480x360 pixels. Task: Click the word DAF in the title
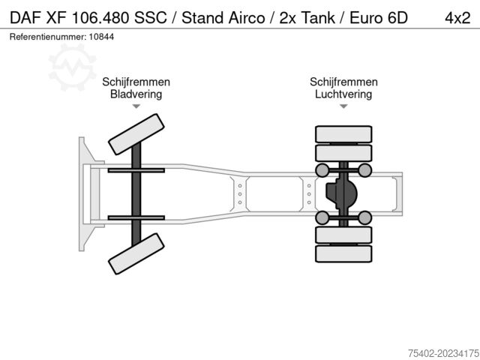tap(25, 18)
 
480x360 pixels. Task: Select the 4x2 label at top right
tap(457, 18)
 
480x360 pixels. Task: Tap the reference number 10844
tap(101, 37)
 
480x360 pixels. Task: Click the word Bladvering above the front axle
tap(136, 94)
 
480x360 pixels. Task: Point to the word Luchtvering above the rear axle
tap(343, 94)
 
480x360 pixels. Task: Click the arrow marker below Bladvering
tap(136, 106)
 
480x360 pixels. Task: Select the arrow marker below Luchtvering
tap(343, 106)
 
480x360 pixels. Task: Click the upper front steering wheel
tap(136, 134)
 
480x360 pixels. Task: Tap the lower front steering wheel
tap(136, 253)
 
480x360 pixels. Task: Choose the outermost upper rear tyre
tap(343, 134)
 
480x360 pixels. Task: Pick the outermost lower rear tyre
tap(343, 253)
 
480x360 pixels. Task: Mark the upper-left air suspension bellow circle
tap(322, 170)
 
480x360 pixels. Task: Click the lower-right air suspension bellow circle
tap(364, 217)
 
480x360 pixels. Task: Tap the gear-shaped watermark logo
tap(72, 67)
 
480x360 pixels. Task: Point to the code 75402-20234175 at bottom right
tap(443, 353)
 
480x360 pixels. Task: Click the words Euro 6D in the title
tap(379, 18)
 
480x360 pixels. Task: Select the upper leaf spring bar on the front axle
tap(136, 170)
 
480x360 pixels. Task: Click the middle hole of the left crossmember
tap(240, 194)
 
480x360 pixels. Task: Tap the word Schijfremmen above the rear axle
tap(343, 82)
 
